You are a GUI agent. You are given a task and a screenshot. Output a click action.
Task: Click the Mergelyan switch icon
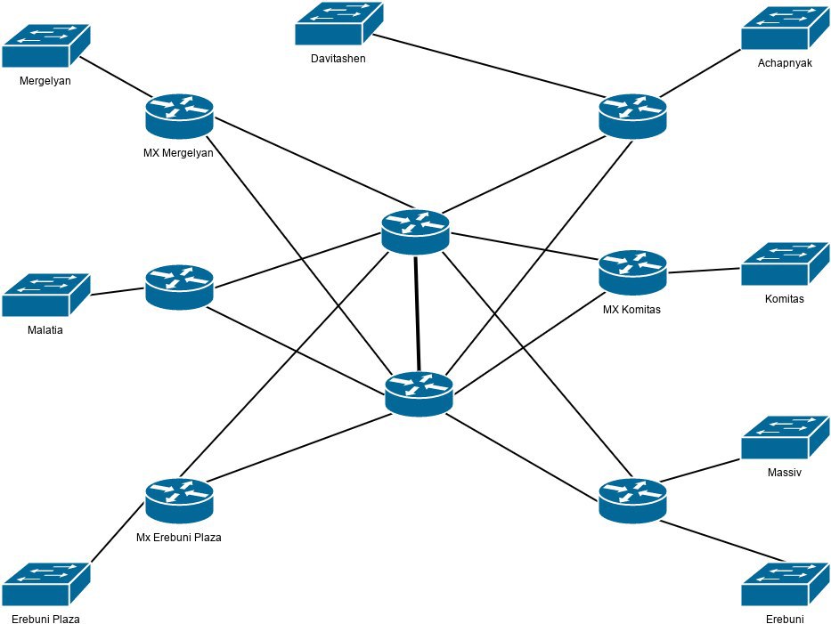coord(46,45)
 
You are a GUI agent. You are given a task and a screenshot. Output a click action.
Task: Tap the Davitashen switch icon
coord(339,23)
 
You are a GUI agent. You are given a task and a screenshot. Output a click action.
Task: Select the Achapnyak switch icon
coord(786,28)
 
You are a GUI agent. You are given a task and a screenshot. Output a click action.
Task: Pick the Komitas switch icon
coord(786,263)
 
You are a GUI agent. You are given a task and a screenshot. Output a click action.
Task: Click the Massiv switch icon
coord(786,437)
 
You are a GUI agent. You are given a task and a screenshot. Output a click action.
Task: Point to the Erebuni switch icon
coord(786,584)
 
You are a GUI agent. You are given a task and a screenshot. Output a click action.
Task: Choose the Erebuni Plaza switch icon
coord(46,584)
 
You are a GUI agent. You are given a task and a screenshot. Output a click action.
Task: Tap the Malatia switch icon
coord(46,295)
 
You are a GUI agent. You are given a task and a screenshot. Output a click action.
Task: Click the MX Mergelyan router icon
coord(179,117)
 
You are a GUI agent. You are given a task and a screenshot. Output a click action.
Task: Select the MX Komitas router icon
coord(632,272)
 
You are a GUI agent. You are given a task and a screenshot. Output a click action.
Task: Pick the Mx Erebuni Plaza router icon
coord(179,501)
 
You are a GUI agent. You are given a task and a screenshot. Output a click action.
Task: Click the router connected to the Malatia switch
coord(179,288)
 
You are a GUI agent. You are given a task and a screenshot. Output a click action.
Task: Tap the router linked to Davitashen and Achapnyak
coord(632,117)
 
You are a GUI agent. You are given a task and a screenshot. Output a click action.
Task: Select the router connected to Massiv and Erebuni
coord(632,501)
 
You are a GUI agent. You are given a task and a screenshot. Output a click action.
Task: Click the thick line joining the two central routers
coord(418,313)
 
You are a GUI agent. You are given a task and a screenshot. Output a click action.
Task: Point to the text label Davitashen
coord(338,58)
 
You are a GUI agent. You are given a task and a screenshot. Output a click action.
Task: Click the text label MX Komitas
coord(631,310)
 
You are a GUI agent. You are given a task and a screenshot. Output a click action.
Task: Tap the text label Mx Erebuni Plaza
coord(179,537)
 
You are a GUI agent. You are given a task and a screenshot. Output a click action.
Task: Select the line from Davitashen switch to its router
coord(490,66)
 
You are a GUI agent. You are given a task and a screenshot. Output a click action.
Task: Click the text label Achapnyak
coord(785,63)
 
